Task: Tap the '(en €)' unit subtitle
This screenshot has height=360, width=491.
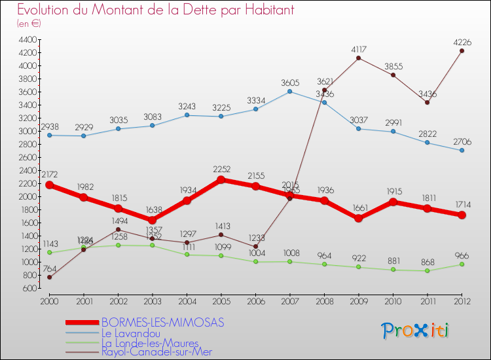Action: [28, 23]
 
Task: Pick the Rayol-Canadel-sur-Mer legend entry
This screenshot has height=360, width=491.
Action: [157, 351]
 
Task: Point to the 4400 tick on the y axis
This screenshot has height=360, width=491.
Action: [27, 40]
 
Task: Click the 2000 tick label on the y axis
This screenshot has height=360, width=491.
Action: [27, 196]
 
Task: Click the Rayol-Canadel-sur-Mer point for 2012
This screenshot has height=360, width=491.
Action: [462, 51]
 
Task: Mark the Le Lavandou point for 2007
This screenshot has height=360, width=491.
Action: [290, 91]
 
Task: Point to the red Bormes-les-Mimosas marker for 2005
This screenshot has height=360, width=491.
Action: [221, 179]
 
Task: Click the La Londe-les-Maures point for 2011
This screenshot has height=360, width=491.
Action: [427, 270]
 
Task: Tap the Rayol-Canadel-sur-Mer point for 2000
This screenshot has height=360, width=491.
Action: [50, 277]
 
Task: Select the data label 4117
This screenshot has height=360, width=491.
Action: [358, 49]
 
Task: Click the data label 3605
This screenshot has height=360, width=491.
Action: [290, 82]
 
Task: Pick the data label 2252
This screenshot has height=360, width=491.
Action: [221, 169]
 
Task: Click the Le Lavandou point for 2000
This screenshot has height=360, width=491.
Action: [50, 135]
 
